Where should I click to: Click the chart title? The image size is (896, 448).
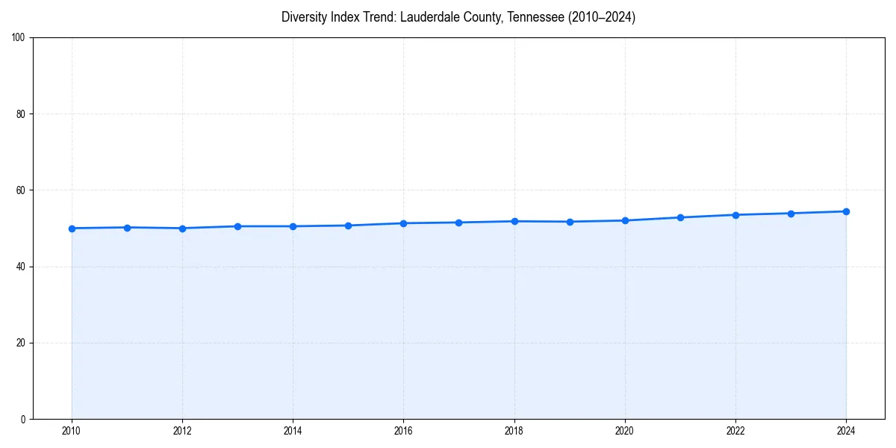(458, 17)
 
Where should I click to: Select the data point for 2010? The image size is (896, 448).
(72, 228)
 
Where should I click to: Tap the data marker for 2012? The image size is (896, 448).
(182, 228)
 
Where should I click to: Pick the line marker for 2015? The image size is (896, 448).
(349, 225)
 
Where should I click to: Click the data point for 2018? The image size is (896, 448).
(514, 221)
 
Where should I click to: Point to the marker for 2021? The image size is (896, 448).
(680, 217)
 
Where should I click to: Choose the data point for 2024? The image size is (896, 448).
(846, 211)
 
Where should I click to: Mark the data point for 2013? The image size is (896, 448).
(237, 226)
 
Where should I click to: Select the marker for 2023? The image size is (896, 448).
(791, 214)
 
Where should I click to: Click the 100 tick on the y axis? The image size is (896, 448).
(19, 38)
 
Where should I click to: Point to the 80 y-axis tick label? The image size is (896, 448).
(21, 114)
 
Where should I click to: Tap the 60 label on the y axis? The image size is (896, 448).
(21, 190)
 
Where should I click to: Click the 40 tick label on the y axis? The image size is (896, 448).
(21, 267)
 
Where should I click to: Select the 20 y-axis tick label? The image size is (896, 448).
(21, 343)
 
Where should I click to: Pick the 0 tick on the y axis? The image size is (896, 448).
(23, 419)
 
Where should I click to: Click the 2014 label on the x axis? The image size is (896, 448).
(293, 431)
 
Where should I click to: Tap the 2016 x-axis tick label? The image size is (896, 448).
(403, 431)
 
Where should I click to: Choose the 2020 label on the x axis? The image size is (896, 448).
(625, 431)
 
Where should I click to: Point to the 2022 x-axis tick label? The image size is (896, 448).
(735, 431)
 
